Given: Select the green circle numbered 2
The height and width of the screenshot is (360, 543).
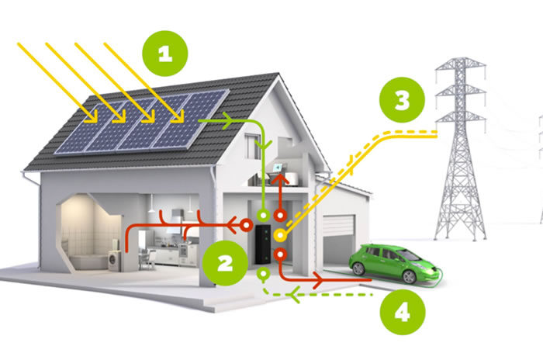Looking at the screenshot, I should [x=224, y=262].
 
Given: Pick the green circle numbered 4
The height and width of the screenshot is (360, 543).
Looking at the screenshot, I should [x=401, y=312].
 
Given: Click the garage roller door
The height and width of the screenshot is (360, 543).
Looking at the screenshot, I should [x=338, y=237].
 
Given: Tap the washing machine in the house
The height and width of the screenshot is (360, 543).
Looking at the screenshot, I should [x=114, y=261].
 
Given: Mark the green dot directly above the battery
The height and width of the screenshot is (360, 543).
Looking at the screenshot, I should [x=263, y=213].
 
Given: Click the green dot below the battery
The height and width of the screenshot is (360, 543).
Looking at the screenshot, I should [x=263, y=273].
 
